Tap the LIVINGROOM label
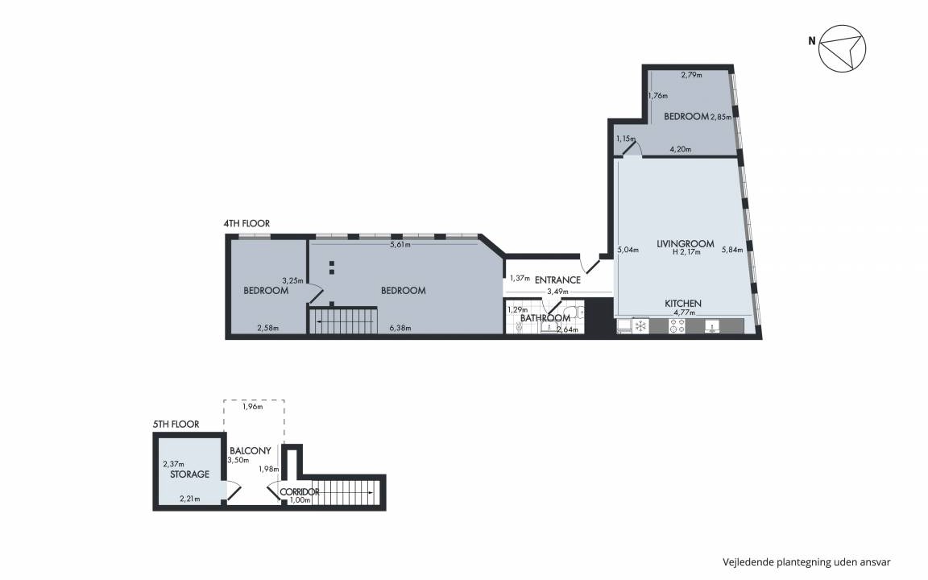pyautogui.click(x=686, y=243)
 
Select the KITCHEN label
pyautogui.click(x=683, y=303)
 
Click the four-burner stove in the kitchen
pyautogui.click(x=677, y=326)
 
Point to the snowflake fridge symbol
pyautogui.click(x=640, y=326)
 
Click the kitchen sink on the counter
pyautogui.click(x=712, y=326)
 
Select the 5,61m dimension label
pyautogui.click(x=400, y=244)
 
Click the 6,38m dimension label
pyautogui.click(x=400, y=328)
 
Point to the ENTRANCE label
pyautogui.click(x=557, y=280)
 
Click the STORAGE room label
pyautogui.click(x=189, y=474)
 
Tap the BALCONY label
pyautogui.click(x=251, y=450)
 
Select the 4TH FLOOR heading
pyautogui.click(x=246, y=223)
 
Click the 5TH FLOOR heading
pyautogui.click(x=176, y=424)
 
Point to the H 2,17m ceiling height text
pyautogui.click(x=686, y=252)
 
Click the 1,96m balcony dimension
pyautogui.click(x=253, y=407)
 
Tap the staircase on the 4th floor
pyautogui.click(x=343, y=321)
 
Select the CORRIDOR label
pyautogui.click(x=300, y=492)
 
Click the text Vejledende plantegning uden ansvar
pyautogui.click(x=806, y=562)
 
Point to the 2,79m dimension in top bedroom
pyautogui.click(x=691, y=75)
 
